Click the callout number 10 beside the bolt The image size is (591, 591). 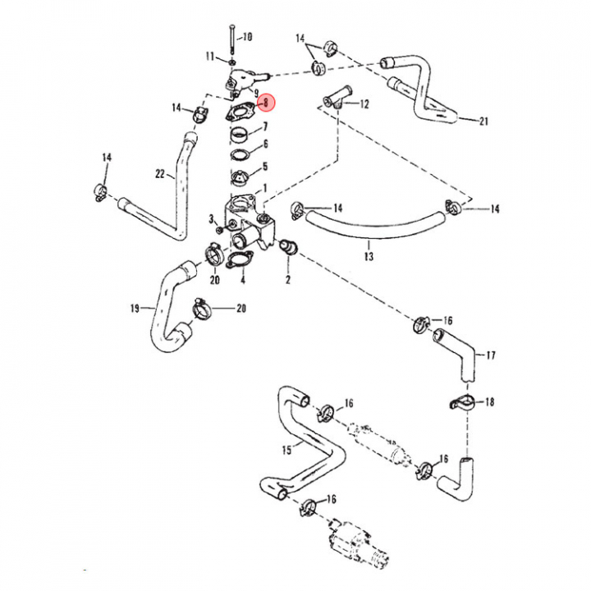[x=248, y=36]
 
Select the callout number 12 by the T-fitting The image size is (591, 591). [x=364, y=104]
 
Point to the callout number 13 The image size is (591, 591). [x=369, y=257]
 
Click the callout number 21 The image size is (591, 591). [x=484, y=121]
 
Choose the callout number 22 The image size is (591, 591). [x=160, y=173]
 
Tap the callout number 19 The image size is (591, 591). [x=135, y=309]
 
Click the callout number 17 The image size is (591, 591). [x=491, y=355]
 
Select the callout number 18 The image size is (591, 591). [x=490, y=402]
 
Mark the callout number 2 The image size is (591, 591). [x=288, y=280]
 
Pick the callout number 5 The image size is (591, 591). [x=264, y=167]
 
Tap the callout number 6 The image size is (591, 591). [x=264, y=144]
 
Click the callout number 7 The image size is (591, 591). [x=264, y=126]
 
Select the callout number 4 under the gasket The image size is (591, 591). [x=243, y=280]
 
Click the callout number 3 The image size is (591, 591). [x=211, y=218]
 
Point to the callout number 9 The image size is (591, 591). [x=256, y=92]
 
